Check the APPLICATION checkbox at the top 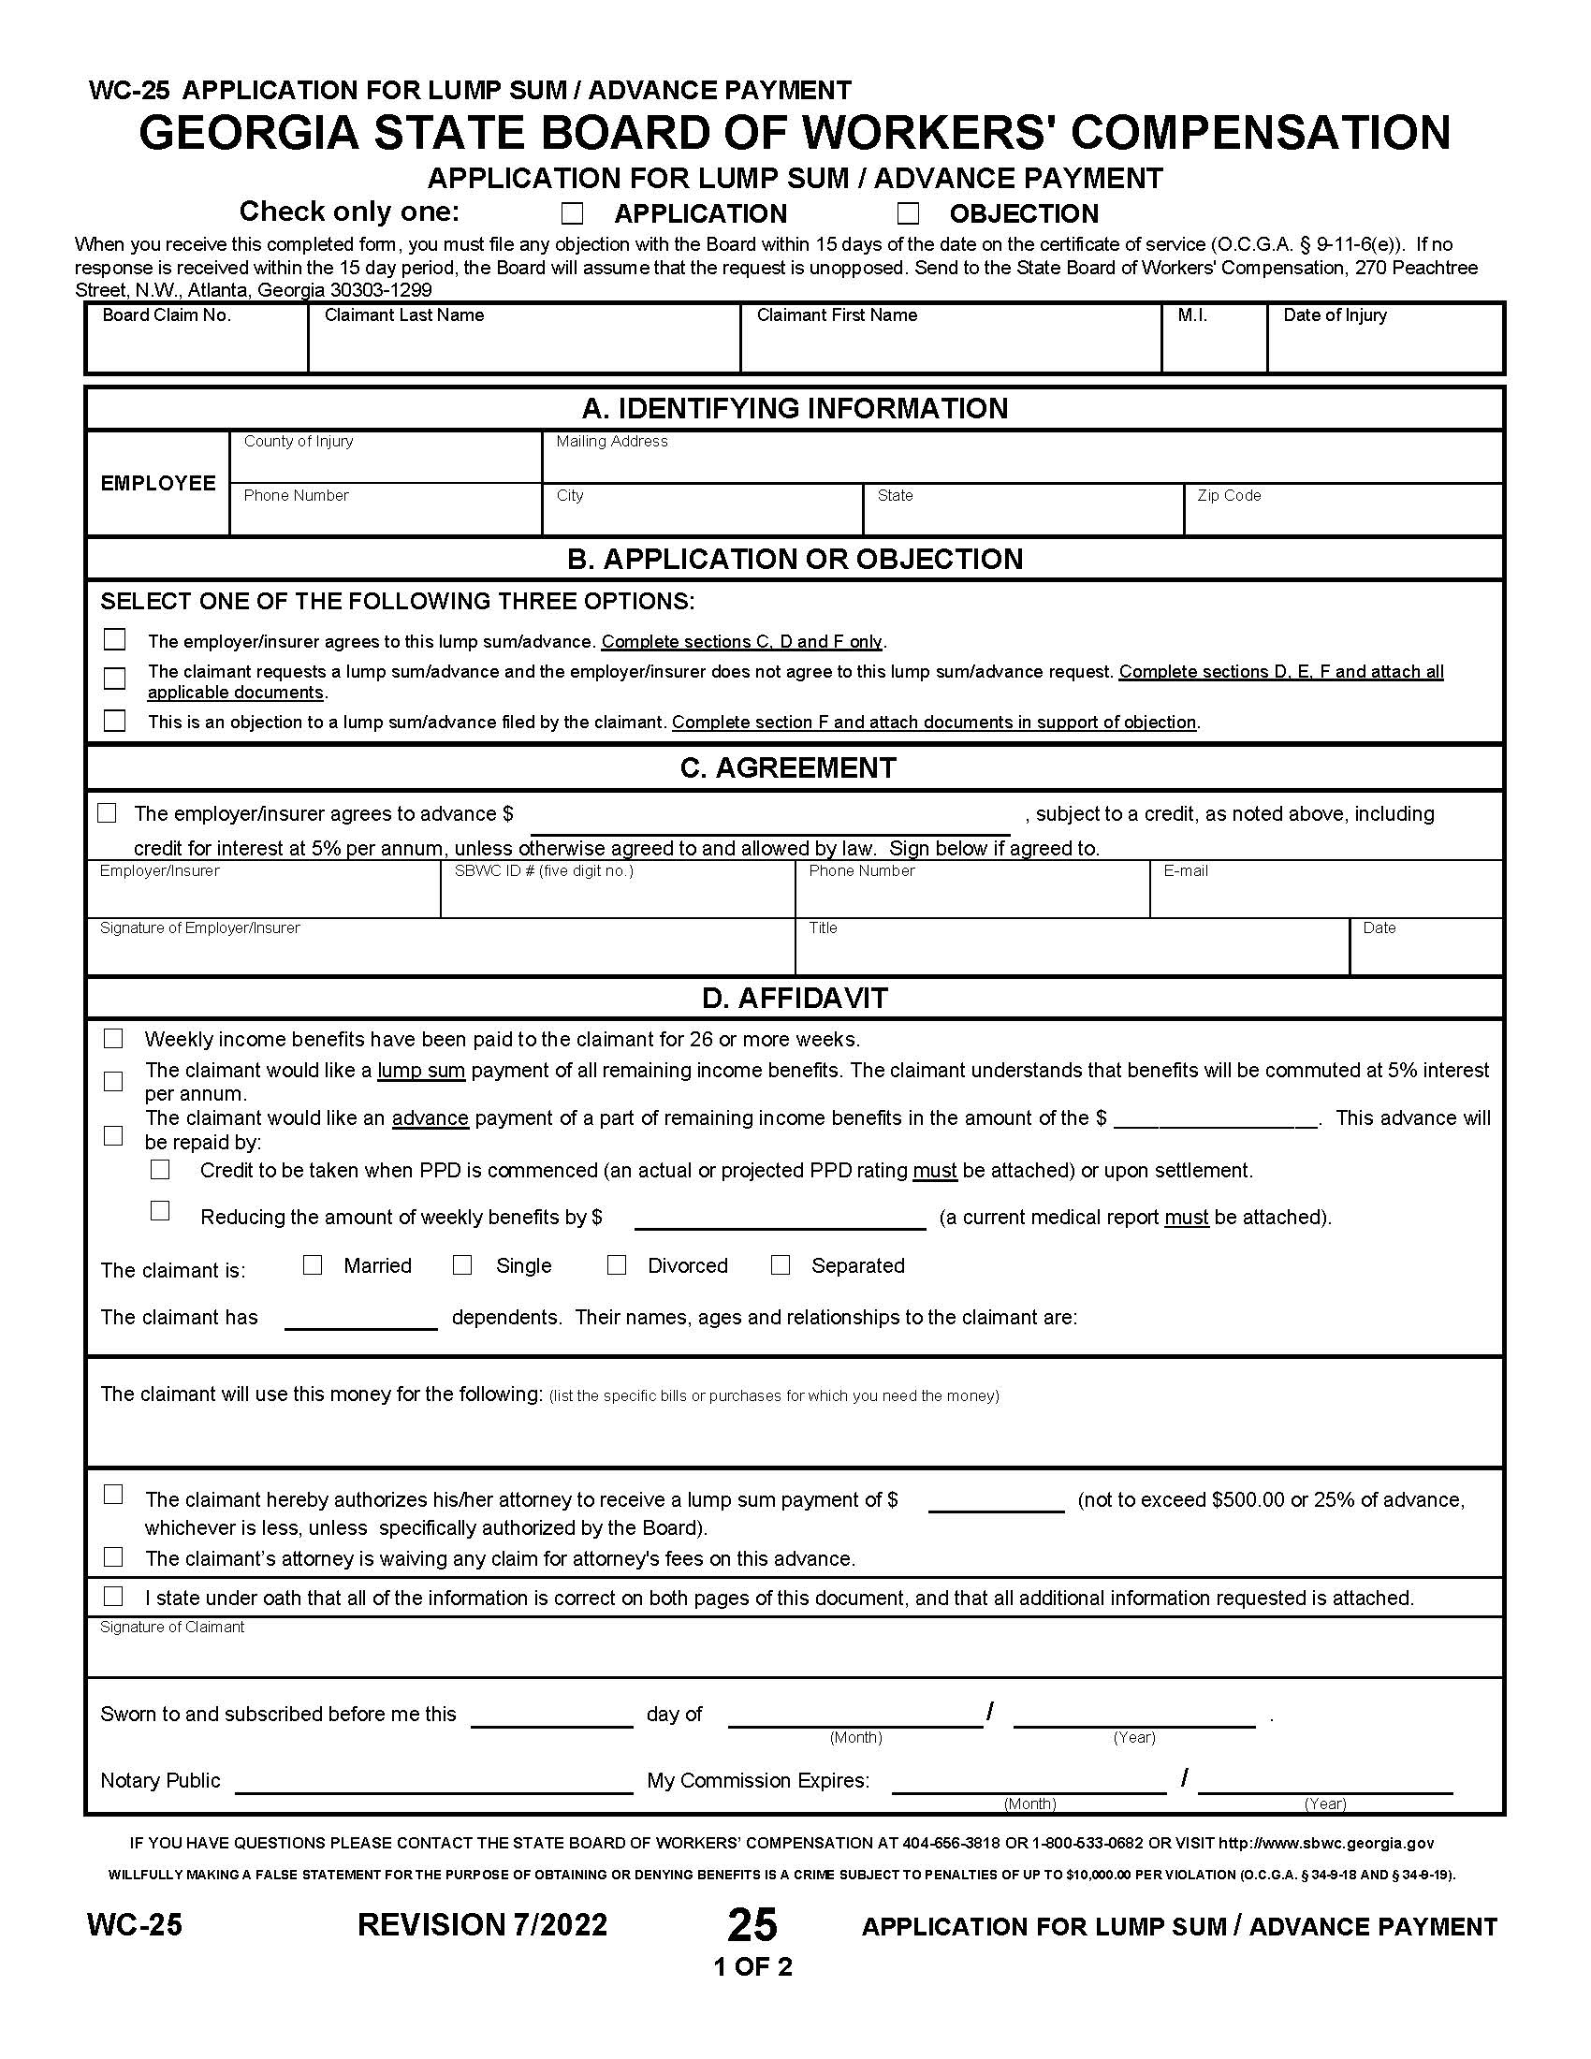[x=572, y=214]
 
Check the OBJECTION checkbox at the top [x=908, y=213]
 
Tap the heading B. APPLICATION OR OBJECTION [x=795, y=559]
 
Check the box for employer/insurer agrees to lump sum [x=114, y=639]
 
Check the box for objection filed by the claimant [x=114, y=721]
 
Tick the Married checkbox [x=313, y=1265]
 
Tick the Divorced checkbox [x=617, y=1265]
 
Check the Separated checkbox [x=781, y=1265]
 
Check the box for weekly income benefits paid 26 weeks [x=113, y=1038]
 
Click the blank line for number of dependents [x=361, y=1318]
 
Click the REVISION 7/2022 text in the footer [x=482, y=1924]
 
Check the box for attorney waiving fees [x=113, y=1556]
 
